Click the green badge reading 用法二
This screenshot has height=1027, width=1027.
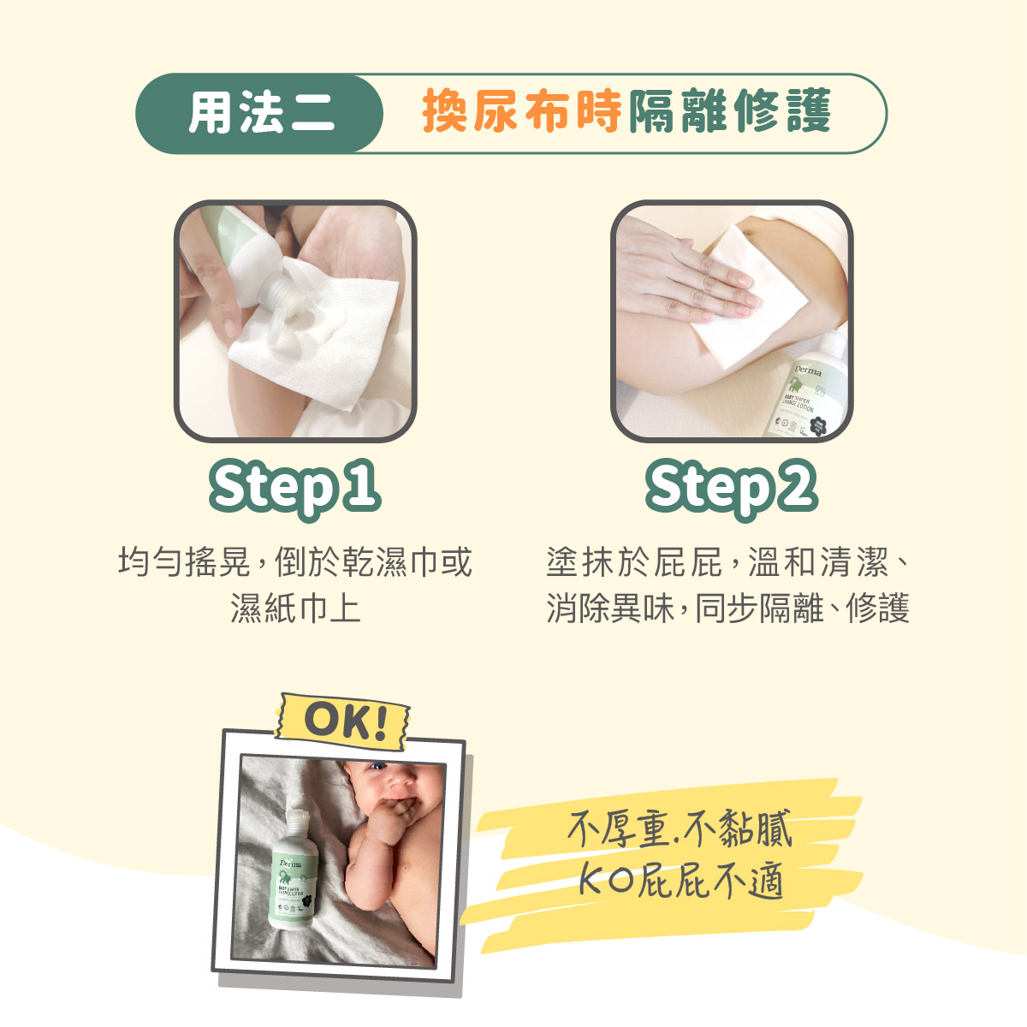tap(259, 113)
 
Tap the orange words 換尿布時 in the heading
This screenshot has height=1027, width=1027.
tap(522, 112)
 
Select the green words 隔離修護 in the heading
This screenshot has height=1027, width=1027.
tap(730, 112)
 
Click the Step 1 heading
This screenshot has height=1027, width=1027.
tap(294, 488)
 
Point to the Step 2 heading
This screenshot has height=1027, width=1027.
tap(731, 488)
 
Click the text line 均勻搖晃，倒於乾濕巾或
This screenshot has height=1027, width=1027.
tap(294, 562)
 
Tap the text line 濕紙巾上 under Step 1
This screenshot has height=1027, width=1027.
tap(294, 608)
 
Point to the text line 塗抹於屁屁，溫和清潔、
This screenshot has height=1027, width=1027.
tap(727, 562)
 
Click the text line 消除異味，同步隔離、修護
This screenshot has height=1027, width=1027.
tap(727, 608)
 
